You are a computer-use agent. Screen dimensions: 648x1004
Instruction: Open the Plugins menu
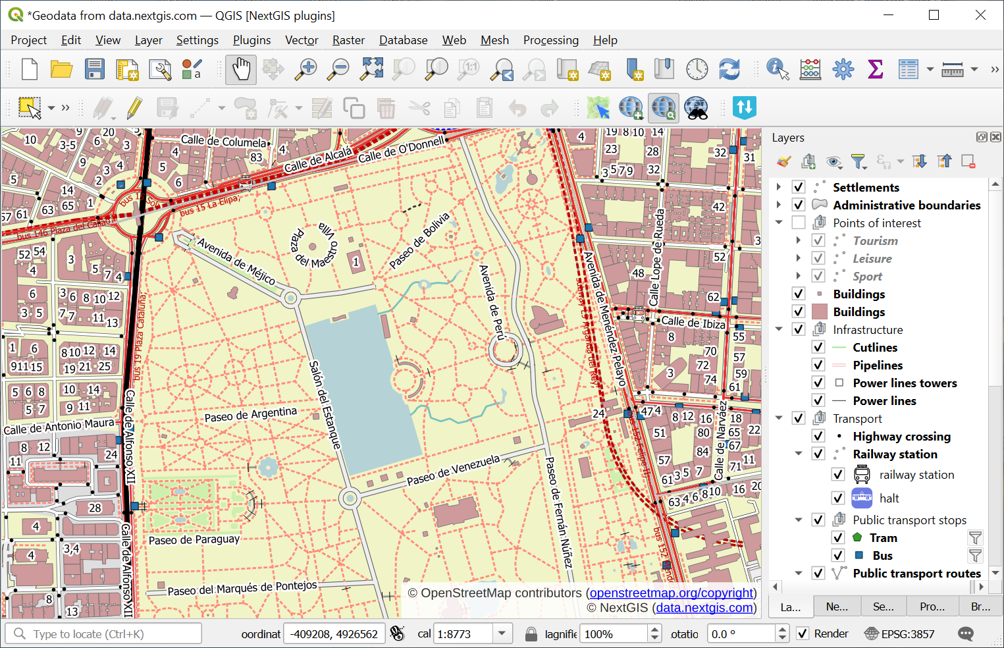click(x=251, y=40)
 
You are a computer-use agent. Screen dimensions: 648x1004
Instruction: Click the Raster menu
click(x=348, y=40)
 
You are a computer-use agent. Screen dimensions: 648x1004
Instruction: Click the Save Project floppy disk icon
click(x=95, y=69)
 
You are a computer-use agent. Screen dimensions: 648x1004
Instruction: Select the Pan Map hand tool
click(x=241, y=69)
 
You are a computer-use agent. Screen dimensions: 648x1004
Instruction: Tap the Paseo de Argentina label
click(x=250, y=415)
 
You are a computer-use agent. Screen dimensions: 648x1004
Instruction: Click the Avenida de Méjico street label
click(x=236, y=261)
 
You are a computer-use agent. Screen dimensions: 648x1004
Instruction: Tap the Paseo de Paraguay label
click(x=194, y=540)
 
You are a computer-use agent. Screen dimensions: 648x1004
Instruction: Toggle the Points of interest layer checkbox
click(x=799, y=223)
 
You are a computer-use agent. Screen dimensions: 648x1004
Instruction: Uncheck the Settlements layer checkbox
click(x=799, y=188)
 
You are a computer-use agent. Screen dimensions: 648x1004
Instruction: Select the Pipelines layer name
click(x=878, y=365)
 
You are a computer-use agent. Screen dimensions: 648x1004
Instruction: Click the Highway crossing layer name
click(x=901, y=437)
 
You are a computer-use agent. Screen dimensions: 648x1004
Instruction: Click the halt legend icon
click(x=862, y=499)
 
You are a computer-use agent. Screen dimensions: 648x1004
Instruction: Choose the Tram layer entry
click(x=883, y=538)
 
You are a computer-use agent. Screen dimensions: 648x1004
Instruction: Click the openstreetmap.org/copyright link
click(x=672, y=593)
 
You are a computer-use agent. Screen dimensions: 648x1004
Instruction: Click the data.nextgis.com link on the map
click(x=704, y=608)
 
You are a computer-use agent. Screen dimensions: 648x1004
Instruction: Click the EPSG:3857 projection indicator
click(x=900, y=634)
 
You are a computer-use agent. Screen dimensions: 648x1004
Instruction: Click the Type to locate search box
click(x=105, y=634)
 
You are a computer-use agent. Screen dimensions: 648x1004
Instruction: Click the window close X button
click(x=980, y=15)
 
